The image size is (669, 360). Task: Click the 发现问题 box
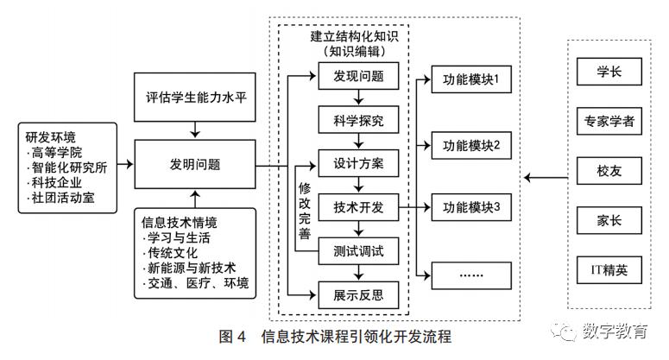click(x=358, y=77)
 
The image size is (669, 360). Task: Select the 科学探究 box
click(x=358, y=120)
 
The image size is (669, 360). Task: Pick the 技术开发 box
click(x=358, y=208)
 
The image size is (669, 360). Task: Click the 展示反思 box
click(x=358, y=295)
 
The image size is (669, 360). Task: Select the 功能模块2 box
click(x=471, y=144)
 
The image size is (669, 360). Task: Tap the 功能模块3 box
click(x=471, y=207)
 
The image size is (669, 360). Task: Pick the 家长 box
click(x=610, y=220)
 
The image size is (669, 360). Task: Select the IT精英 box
click(x=610, y=270)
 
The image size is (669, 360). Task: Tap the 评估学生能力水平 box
click(x=197, y=95)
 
